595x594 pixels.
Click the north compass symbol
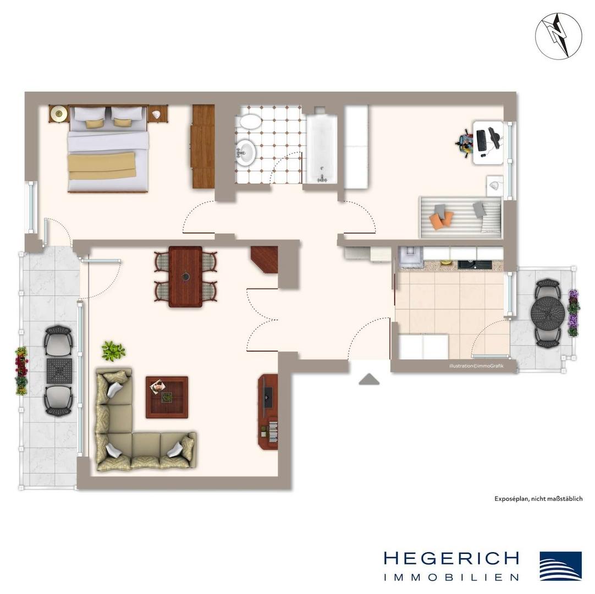pyautogui.click(x=558, y=36)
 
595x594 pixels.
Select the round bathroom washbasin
pyautogui.click(x=245, y=152)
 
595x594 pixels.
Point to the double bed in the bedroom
pyautogui.click(x=107, y=149)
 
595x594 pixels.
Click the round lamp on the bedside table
pyautogui.click(x=58, y=113)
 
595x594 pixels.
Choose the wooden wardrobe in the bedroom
pyautogui.click(x=202, y=146)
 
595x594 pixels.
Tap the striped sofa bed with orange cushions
pyautogui.click(x=461, y=217)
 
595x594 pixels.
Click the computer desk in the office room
pyautogui.click(x=488, y=142)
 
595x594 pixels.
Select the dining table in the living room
pyautogui.click(x=185, y=276)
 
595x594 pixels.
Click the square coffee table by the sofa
pyautogui.click(x=167, y=398)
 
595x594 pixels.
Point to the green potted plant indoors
pyautogui.click(x=113, y=351)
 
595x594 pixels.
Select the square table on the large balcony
pyautogui.click(x=59, y=371)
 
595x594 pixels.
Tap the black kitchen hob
pyautogui.click(x=475, y=265)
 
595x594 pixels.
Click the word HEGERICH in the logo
pyautogui.click(x=451, y=558)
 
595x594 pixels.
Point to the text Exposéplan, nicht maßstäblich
pyautogui.click(x=538, y=499)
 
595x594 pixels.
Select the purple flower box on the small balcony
pyautogui.click(x=573, y=313)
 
